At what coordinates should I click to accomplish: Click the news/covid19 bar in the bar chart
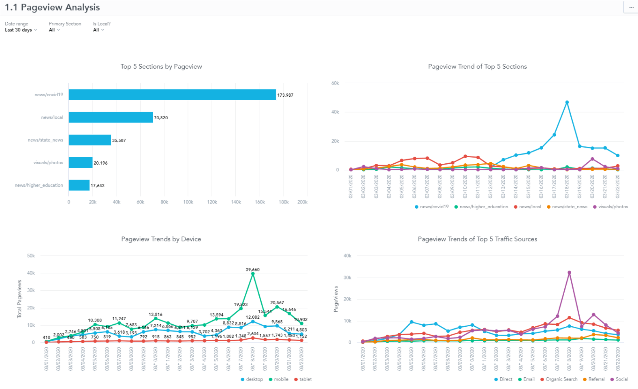click(x=172, y=95)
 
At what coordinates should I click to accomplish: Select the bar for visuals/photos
click(x=81, y=163)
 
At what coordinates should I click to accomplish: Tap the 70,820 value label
click(x=161, y=118)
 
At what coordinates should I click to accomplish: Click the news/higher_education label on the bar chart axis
click(x=39, y=185)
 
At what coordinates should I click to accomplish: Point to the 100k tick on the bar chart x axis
click(x=188, y=202)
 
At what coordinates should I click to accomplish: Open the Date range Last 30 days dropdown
click(x=21, y=30)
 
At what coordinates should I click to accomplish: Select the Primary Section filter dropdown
click(x=54, y=30)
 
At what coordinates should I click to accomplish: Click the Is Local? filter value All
click(x=98, y=30)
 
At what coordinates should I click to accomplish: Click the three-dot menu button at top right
click(x=631, y=7)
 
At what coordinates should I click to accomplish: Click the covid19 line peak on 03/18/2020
click(x=567, y=102)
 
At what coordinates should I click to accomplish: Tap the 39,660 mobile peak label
click(x=252, y=269)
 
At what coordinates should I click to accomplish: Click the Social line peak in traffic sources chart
click(x=569, y=273)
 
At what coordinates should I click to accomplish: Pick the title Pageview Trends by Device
click(x=161, y=239)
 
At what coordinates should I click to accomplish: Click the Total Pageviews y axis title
click(x=19, y=299)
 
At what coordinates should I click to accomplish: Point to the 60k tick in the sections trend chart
click(x=335, y=83)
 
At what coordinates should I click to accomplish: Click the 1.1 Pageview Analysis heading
click(x=52, y=7)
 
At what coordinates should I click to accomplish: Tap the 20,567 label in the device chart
click(x=277, y=302)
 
